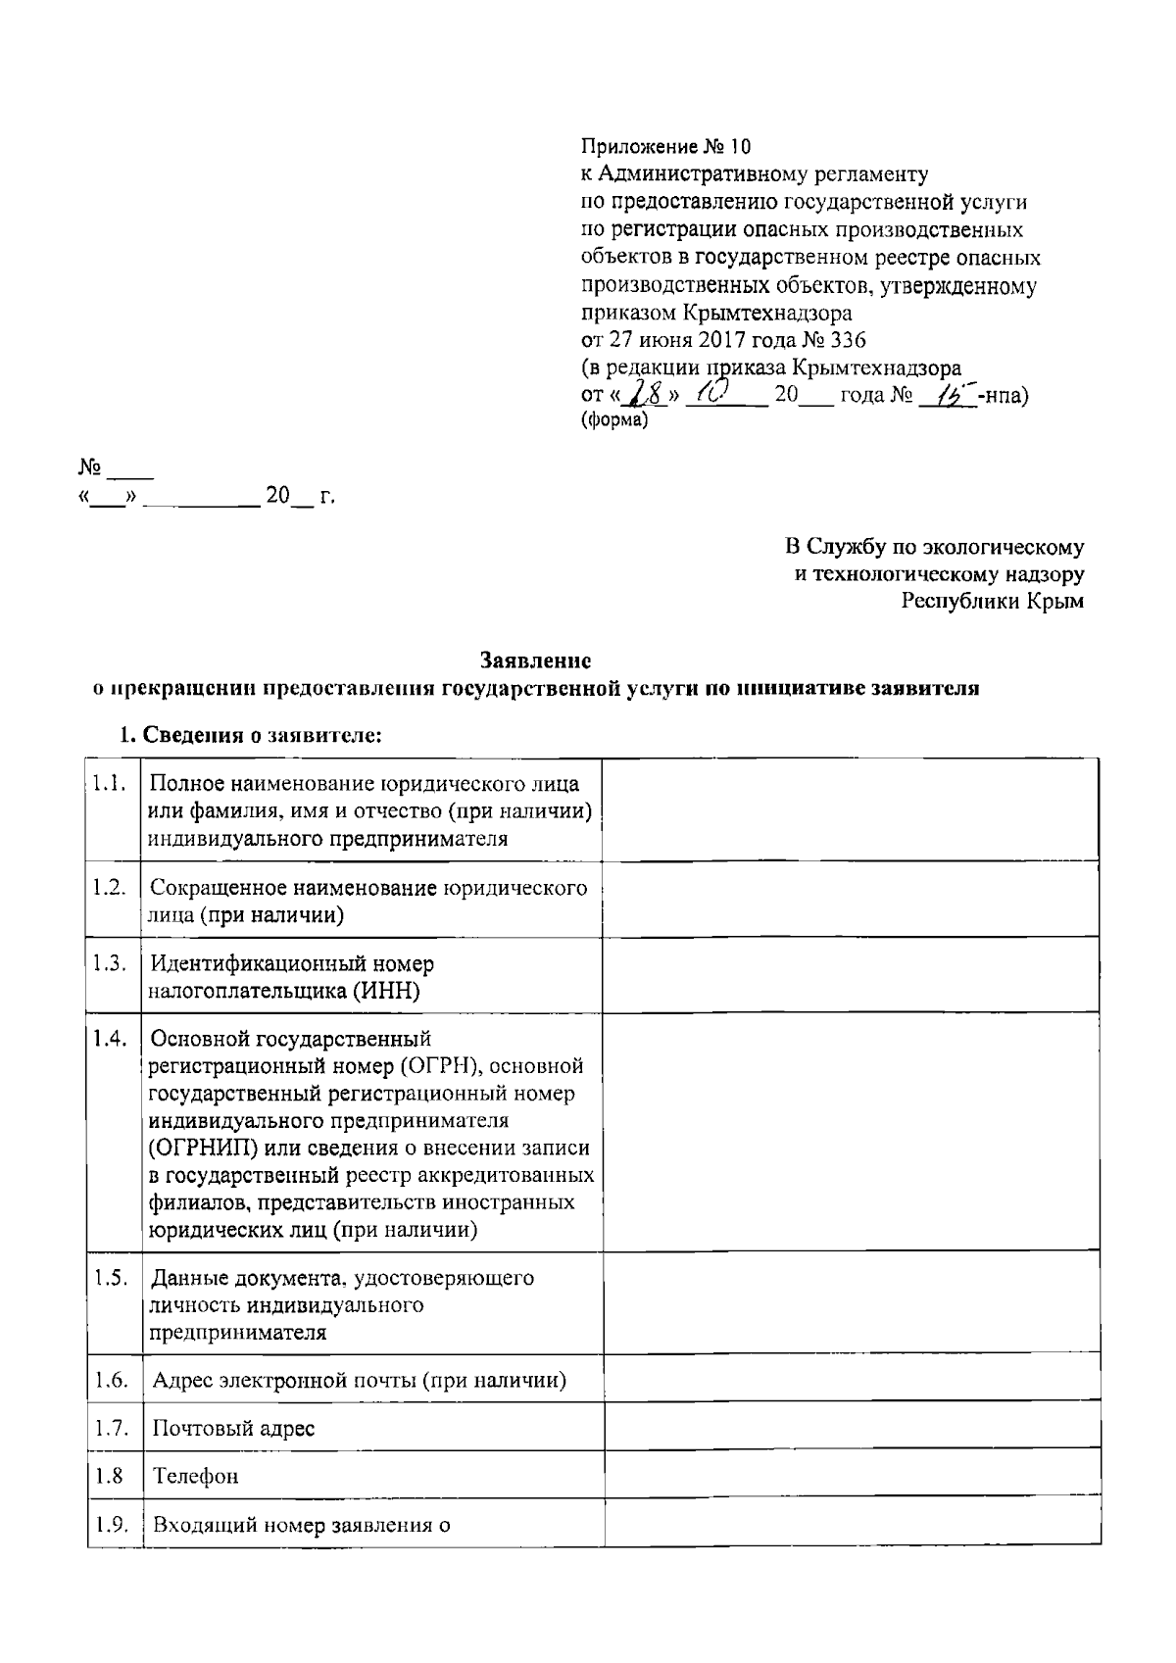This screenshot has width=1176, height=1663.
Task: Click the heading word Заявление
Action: click(535, 661)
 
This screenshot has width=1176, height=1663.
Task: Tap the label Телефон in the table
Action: click(196, 1477)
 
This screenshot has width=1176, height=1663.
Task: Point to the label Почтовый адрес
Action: click(234, 1428)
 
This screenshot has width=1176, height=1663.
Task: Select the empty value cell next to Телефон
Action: click(850, 1476)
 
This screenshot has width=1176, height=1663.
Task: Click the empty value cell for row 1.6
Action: click(850, 1381)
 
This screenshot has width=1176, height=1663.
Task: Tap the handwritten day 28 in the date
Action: click(648, 396)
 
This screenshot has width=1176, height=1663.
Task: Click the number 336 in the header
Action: click(848, 341)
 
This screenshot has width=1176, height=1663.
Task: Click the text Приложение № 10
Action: click(665, 148)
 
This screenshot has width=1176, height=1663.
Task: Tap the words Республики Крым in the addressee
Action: click(993, 602)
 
